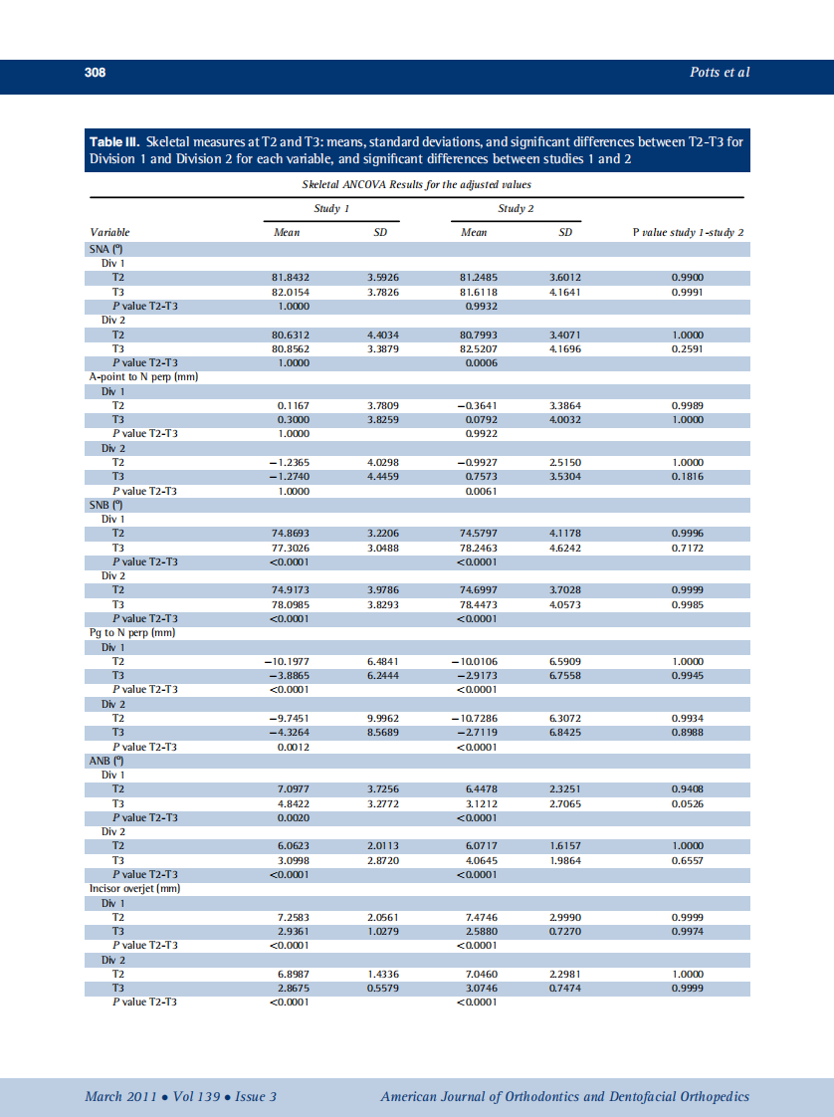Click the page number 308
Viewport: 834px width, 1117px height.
95,73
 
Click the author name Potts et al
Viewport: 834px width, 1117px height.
720,73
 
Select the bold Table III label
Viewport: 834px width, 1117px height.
115,141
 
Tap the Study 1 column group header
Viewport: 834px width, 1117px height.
331,209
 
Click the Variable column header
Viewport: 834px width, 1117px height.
109,232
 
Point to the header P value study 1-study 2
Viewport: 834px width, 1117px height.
689,232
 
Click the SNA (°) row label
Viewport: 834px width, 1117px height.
105,249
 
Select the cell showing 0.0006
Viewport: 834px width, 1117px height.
482,363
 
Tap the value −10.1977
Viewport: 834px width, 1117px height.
289,661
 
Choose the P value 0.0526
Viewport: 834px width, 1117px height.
688,803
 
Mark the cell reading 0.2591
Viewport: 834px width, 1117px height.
688,349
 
